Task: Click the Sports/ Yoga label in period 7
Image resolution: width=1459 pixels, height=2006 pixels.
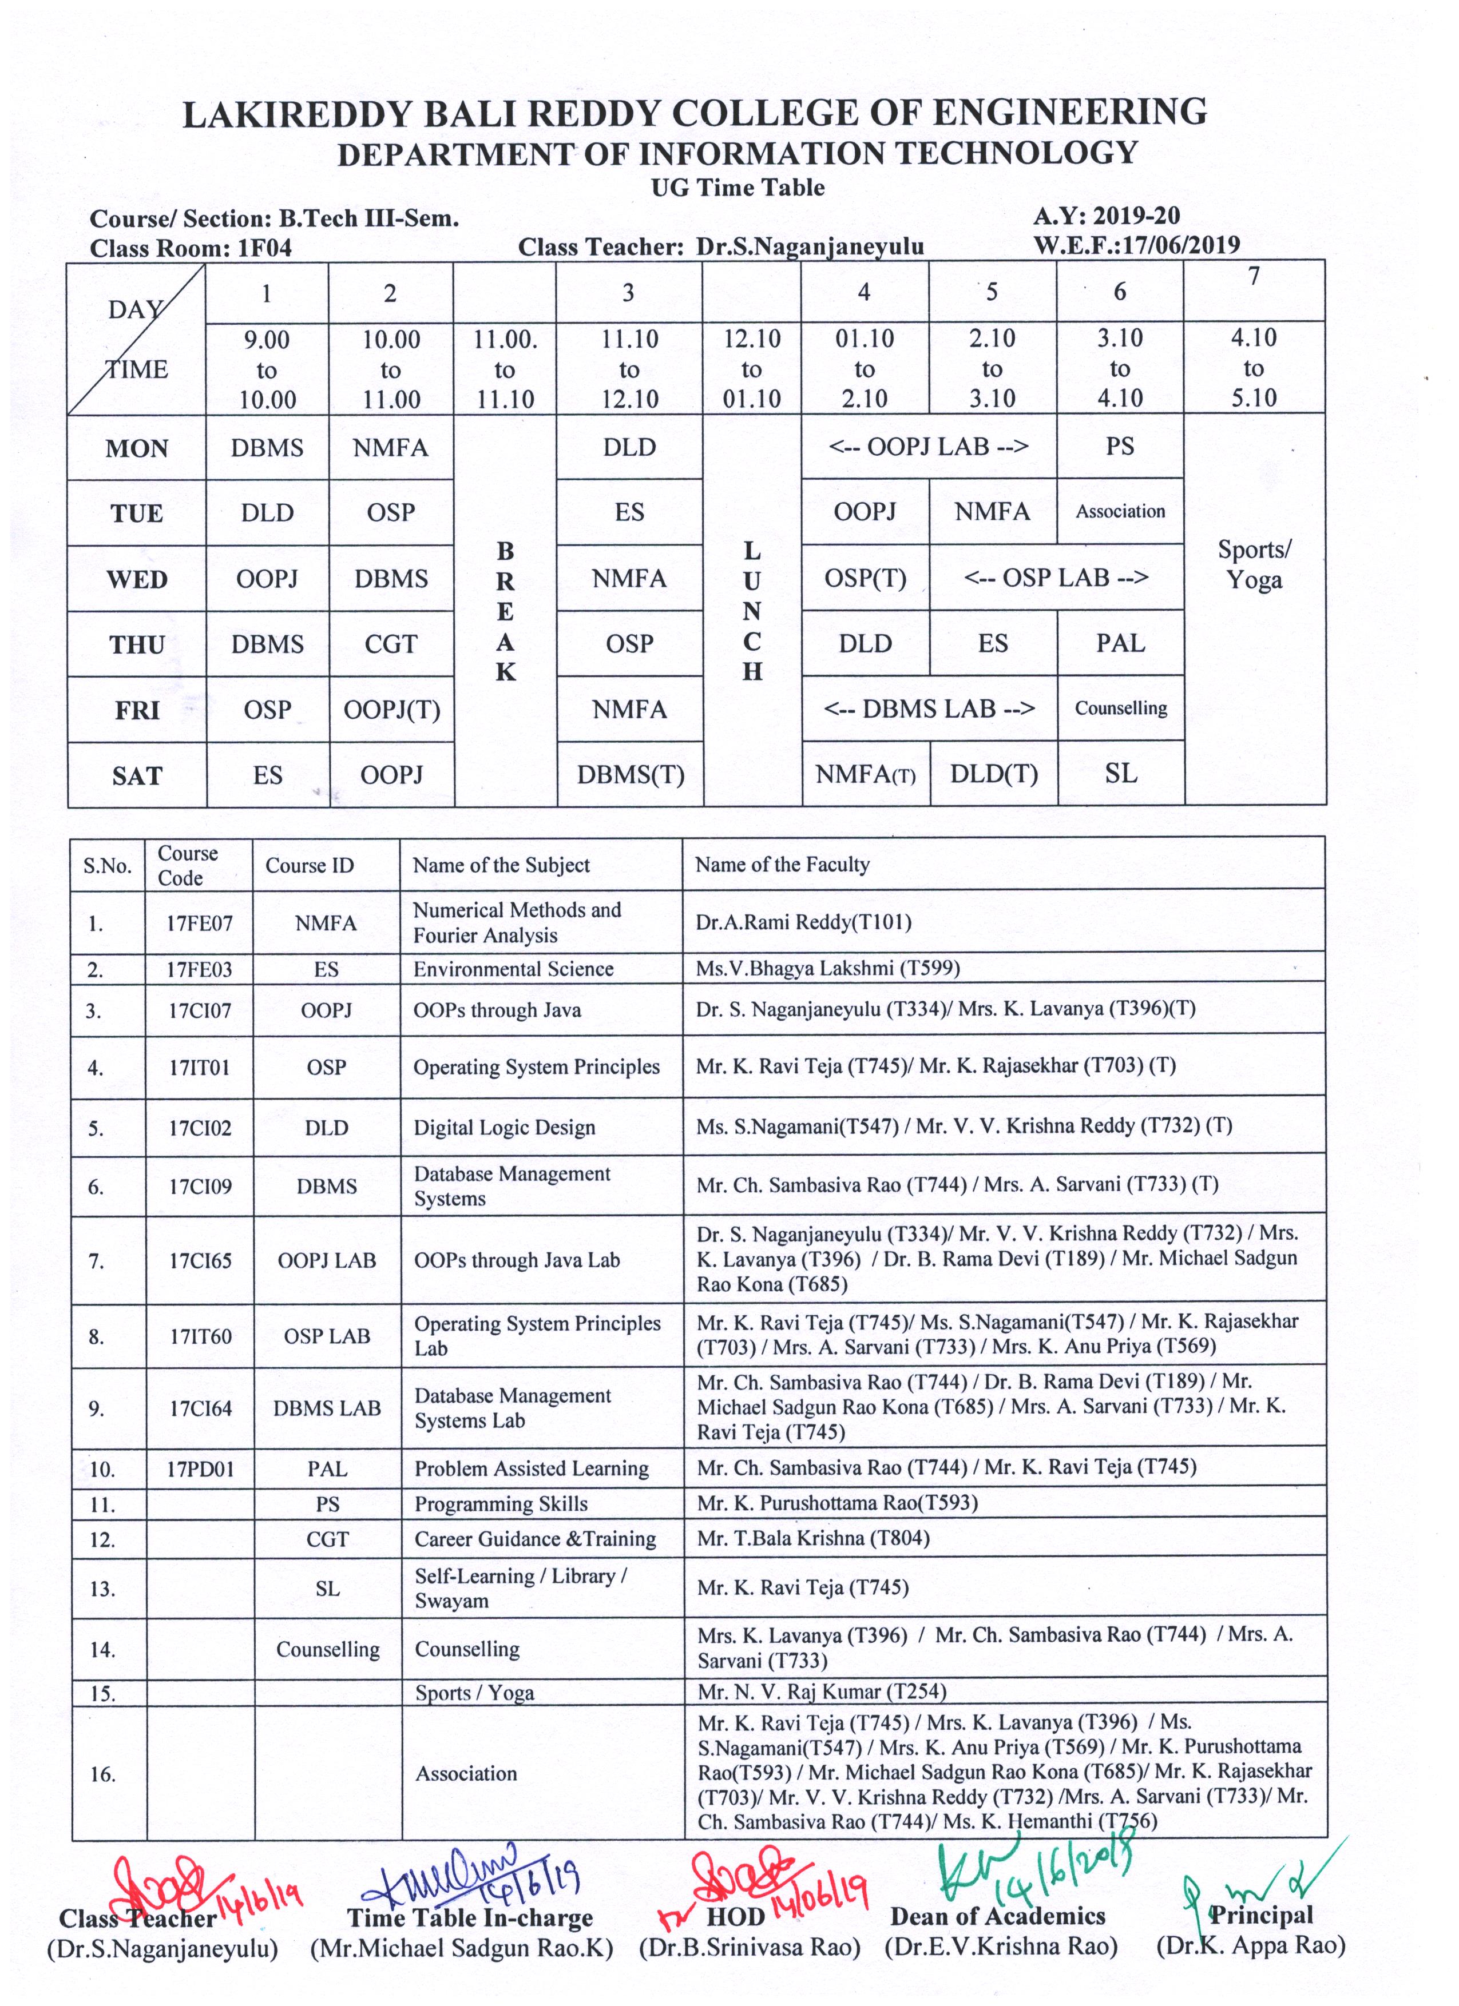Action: point(1254,564)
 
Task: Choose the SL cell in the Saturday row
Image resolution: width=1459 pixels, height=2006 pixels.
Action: point(1120,774)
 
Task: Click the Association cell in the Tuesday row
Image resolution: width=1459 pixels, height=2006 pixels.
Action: point(1120,511)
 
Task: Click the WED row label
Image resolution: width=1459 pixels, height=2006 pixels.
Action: point(137,579)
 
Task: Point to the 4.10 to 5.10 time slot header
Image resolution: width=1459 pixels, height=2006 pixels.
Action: point(1254,368)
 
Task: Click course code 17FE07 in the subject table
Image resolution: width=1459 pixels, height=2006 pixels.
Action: point(200,924)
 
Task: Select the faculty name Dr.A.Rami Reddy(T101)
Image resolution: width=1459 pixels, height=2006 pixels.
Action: point(803,922)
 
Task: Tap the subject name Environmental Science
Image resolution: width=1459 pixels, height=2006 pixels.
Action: point(513,969)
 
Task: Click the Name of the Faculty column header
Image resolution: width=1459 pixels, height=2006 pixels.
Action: point(782,864)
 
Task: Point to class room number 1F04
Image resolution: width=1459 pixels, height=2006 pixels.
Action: point(264,249)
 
